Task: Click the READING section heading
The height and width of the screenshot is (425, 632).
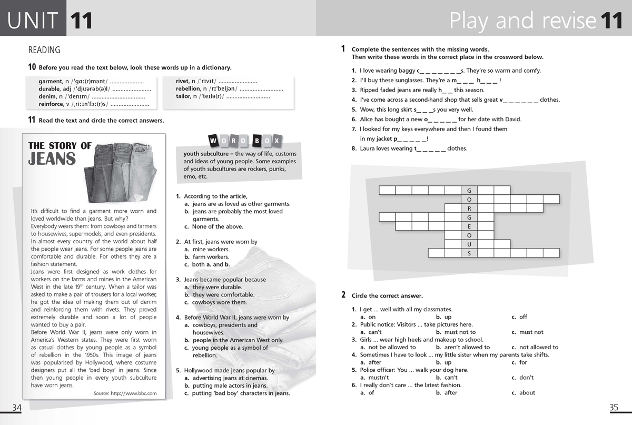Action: pyautogui.click(x=44, y=51)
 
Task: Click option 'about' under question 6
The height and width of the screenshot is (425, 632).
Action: pyautogui.click(x=527, y=393)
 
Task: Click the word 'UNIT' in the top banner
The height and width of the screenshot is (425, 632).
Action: pyautogui.click(x=33, y=21)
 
